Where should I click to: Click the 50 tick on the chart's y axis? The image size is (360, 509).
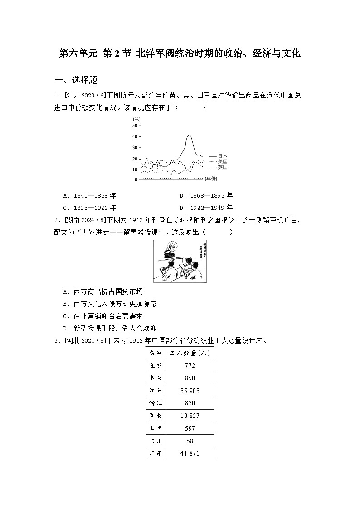click(135, 125)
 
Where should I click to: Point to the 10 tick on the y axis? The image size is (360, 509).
click(135, 170)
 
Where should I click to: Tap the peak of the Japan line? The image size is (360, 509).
click(189, 135)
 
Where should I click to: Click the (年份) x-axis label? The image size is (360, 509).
click(211, 179)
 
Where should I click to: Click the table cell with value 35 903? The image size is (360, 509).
click(190, 391)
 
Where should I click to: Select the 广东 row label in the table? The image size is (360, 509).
click(155, 453)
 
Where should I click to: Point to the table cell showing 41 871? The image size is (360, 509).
click(190, 453)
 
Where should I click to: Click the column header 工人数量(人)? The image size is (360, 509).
click(190, 353)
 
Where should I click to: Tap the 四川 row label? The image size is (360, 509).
click(155, 441)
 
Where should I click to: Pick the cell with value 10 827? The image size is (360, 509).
click(190, 416)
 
